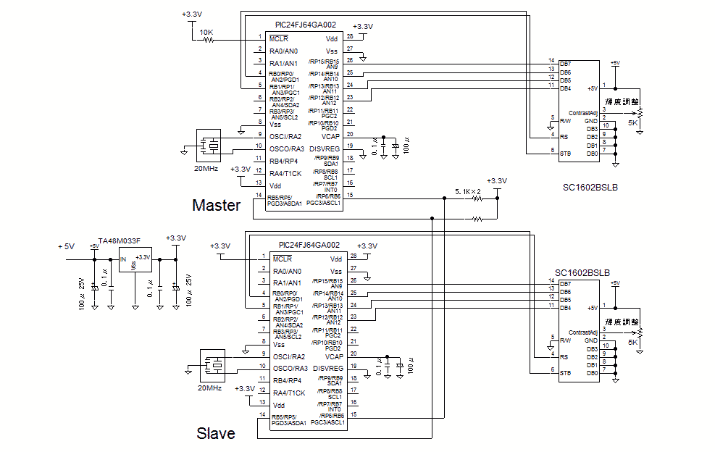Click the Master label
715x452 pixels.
click(216, 205)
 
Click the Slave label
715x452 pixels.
click(216, 433)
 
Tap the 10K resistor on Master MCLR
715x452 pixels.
click(207, 41)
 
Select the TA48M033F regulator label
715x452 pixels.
click(120, 240)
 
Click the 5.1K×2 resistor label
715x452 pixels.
click(469, 191)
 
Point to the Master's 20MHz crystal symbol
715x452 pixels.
click(212, 144)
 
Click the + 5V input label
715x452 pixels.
click(66, 247)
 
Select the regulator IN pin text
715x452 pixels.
click(123, 259)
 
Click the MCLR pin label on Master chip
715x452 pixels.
click(279, 38)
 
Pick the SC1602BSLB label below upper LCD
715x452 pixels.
click(590, 187)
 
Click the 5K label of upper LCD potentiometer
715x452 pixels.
click(632, 124)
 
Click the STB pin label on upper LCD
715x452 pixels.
click(565, 153)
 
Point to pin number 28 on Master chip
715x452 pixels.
click(350, 37)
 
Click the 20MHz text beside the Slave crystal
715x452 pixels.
click(209, 388)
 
